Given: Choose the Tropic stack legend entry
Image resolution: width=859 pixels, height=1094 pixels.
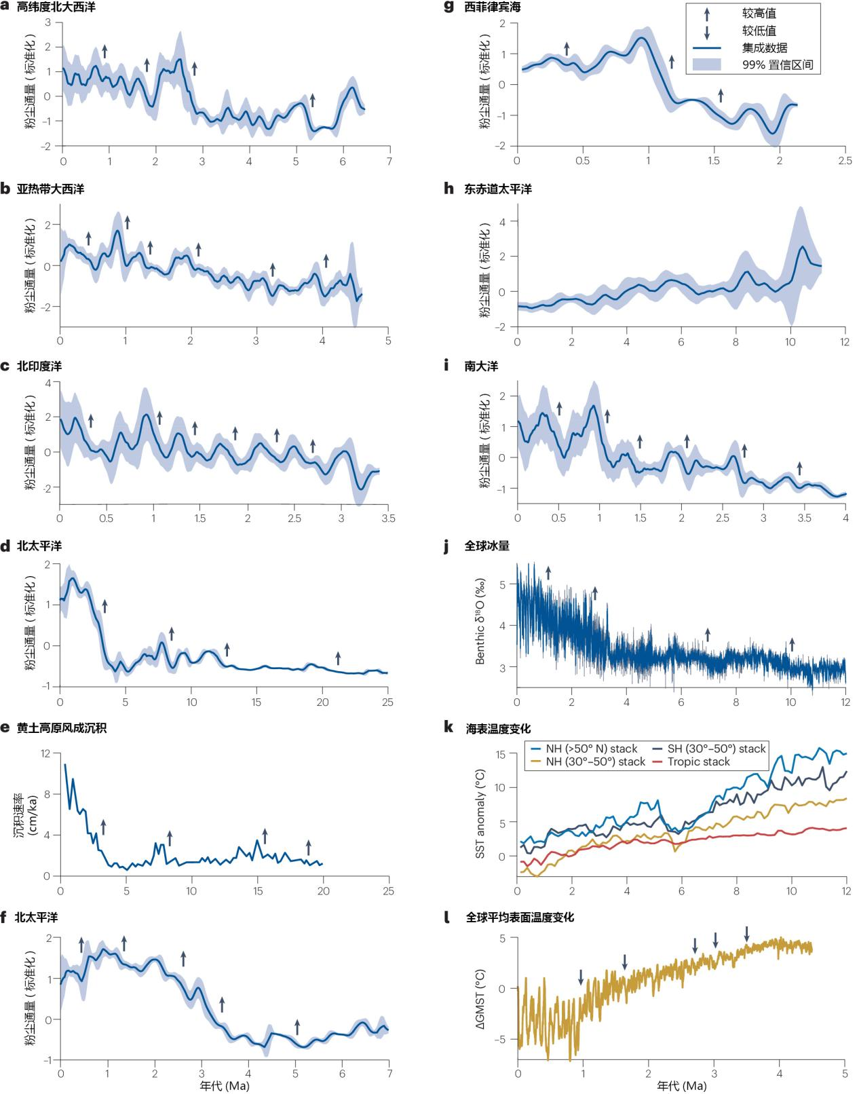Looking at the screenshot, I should pos(698,761).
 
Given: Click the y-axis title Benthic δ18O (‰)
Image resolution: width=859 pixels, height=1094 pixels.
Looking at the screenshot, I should pos(480,620).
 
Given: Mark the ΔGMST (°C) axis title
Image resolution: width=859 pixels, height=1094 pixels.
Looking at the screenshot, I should pos(480,987).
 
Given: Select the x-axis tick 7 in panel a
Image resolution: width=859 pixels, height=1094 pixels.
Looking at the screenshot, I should pos(389,162).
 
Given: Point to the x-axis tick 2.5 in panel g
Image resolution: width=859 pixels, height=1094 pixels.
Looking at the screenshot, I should pos(844,162).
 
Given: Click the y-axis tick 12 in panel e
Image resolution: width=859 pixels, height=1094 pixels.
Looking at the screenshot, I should pos(46,753).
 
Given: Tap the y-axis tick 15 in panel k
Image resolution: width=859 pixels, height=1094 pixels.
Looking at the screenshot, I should pos(501,754).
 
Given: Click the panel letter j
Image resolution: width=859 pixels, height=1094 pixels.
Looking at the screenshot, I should pos(447,546).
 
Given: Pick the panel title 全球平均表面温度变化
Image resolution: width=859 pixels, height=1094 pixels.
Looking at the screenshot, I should pos(519,917).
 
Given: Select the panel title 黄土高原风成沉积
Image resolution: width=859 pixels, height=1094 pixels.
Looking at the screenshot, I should pos(61,728).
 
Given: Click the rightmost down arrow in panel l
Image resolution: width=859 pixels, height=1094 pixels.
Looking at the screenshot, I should pos(746,934).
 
